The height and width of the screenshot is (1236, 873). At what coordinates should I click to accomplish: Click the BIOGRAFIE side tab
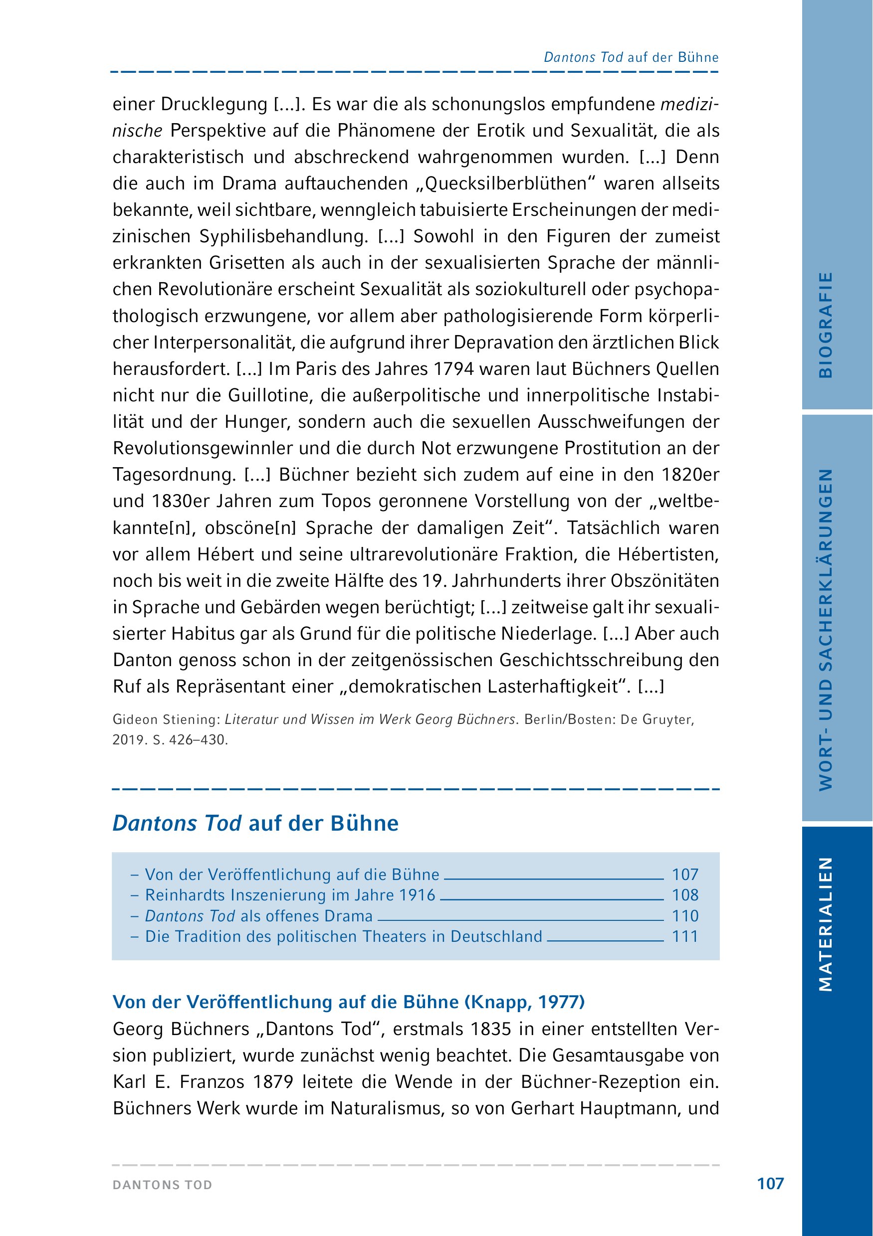(826, 325)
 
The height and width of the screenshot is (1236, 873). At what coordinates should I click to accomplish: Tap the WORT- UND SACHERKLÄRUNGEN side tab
(826, 630)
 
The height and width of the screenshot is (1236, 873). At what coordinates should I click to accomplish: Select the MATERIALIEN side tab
(826, 924)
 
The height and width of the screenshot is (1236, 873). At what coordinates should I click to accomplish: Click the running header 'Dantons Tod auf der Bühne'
(631, 58)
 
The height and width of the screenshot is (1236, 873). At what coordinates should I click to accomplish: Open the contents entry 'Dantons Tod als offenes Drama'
(259, 916)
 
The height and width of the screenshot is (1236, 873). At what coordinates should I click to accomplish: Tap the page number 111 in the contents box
(685, 936)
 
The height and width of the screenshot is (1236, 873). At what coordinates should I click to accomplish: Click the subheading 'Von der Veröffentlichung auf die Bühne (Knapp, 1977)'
(348, 1002)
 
